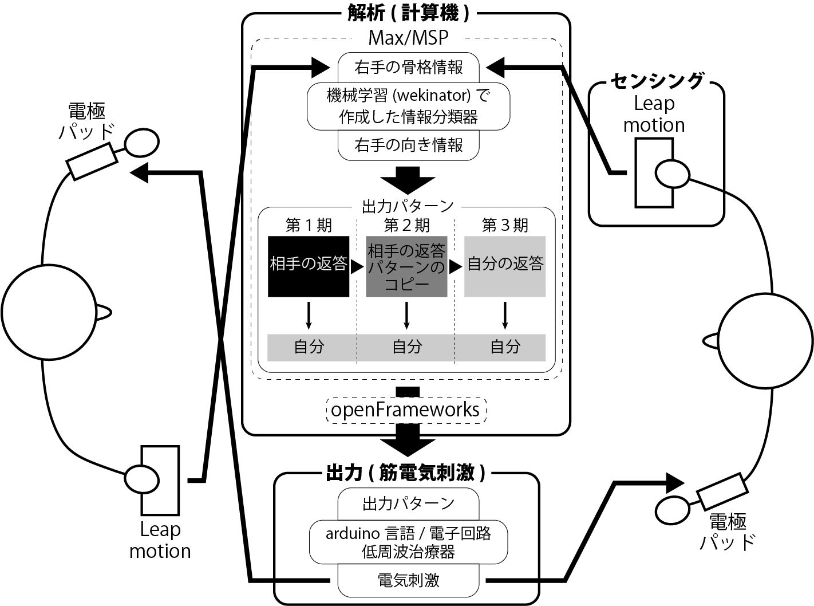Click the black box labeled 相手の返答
click(x=309, y=266)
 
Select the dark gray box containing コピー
click(x=406, y=266)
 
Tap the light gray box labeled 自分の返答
click(x=504, y=266)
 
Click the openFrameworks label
click(x=406, y=410)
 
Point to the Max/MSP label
click(x=408, y=38)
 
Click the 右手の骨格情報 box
click(x=408, y=66)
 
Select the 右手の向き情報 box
click(x=408, y=145)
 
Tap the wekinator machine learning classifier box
click(x=408, y=106)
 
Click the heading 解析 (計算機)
click(x=408, y=13)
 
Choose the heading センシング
click(x=656, y=81)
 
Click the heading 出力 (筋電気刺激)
click(x=406, y=473)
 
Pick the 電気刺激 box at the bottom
click(x=408, y=580)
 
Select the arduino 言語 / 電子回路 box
click(x=408, y=541)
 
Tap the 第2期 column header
click(x=406, y=225)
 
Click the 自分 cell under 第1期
click(x=309, y=347)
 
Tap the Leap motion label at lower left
click(x=160, y=540)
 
